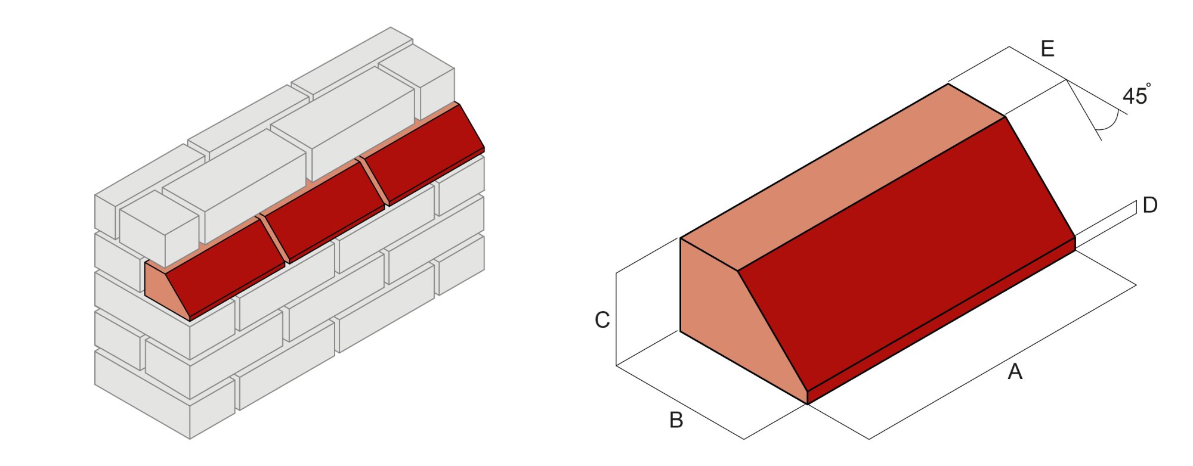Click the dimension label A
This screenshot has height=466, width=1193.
[1015, 372]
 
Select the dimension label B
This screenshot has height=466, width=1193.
[676, 420]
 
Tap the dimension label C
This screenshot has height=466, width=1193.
[602, 320]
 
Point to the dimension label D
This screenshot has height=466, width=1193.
[1149, 206]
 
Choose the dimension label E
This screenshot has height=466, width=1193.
[1047, 49]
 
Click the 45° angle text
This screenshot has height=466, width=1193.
[1135, 95]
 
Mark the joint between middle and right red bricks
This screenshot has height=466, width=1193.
[374, 182]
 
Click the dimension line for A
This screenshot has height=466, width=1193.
[1002, 362]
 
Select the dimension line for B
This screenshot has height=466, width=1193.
[680, 402]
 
